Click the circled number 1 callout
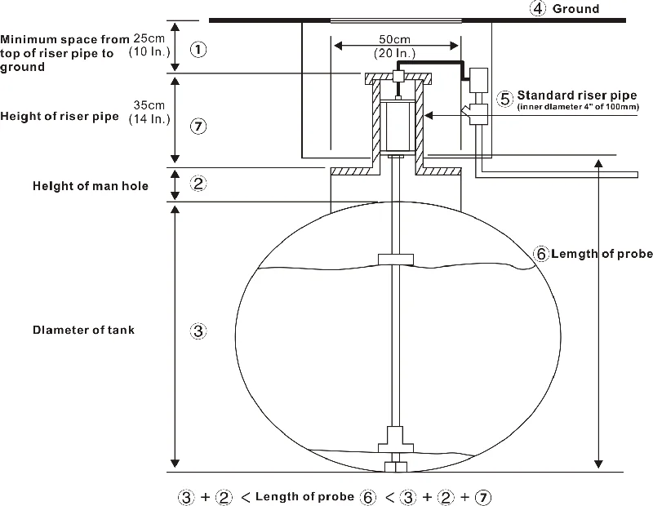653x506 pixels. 198,50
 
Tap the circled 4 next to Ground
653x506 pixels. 538,8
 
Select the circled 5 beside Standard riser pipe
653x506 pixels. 504,99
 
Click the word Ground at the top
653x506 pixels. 575,9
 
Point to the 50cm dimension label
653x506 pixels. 394,39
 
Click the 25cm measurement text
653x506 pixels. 149,38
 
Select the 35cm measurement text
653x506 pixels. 149,105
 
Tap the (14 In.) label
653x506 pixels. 149,119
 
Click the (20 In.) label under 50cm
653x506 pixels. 395,53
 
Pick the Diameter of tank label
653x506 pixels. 84,331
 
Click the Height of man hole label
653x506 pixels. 91,186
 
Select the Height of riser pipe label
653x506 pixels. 60,116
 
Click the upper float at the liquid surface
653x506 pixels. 396,260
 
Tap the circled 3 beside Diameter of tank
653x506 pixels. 198,331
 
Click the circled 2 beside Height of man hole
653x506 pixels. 198,184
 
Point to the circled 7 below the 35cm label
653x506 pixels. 198,126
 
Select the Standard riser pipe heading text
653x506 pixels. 577,95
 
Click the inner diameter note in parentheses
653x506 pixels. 578,107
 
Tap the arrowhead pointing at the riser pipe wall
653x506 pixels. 429,115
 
